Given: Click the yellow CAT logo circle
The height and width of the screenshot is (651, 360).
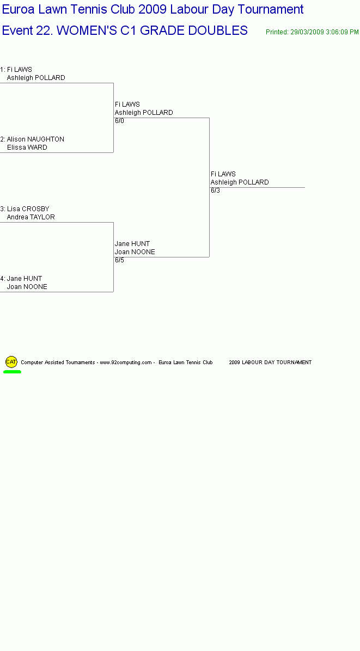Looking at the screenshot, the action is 11,361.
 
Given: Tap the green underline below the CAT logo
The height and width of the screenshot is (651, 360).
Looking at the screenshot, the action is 12,372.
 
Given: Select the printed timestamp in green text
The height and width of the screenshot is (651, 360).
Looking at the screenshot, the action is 312,32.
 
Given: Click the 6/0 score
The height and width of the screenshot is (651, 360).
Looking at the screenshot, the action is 120,121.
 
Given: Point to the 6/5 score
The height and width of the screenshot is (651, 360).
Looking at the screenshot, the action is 120,260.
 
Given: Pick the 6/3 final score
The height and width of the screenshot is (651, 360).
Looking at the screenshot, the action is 216,191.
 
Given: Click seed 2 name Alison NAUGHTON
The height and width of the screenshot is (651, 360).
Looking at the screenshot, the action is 35,139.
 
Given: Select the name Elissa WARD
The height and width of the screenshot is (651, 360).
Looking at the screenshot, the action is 27,148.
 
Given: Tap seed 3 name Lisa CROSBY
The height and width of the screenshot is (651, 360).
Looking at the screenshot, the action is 28,209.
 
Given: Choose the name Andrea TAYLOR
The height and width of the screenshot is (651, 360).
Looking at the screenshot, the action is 30,217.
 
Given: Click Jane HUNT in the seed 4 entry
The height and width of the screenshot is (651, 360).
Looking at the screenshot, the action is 25,279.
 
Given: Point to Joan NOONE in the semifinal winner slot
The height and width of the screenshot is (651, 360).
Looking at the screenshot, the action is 135,252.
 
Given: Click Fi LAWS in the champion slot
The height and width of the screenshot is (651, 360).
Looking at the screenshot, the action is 223,174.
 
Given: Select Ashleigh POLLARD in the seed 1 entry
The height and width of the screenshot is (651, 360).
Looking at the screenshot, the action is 36,78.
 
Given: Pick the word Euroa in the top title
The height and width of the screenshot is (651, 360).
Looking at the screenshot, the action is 19,10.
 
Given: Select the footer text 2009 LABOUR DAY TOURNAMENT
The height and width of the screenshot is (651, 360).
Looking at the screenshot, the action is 270,363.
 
